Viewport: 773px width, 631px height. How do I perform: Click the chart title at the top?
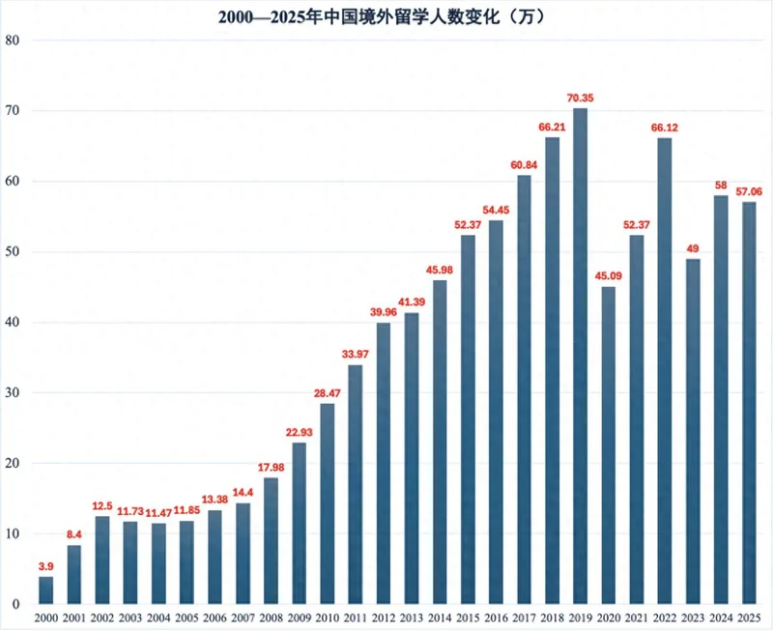(386, 16)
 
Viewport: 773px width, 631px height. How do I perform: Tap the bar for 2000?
(45, 589)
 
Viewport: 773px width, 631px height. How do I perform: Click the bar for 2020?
(609, 445)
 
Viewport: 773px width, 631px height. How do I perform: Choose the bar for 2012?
(384, 463)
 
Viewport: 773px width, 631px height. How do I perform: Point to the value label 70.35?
(581, 97)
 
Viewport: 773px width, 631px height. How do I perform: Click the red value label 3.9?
(45, 565)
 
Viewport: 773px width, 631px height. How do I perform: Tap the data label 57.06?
(750, 191)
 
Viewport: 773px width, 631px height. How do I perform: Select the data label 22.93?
(300, 431)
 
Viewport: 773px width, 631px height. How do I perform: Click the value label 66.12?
(665, 127)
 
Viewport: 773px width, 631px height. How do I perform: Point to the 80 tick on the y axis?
(13, 41)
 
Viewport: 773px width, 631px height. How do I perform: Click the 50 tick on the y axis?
(13, 252)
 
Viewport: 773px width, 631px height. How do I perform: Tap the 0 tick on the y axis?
(15, 605)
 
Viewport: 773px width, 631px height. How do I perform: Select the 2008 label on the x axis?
(272, 617)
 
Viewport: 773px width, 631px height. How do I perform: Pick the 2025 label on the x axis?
(750, 617)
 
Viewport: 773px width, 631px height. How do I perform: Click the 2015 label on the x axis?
(469, 617)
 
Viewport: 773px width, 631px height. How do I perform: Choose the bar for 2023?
(693, 431)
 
